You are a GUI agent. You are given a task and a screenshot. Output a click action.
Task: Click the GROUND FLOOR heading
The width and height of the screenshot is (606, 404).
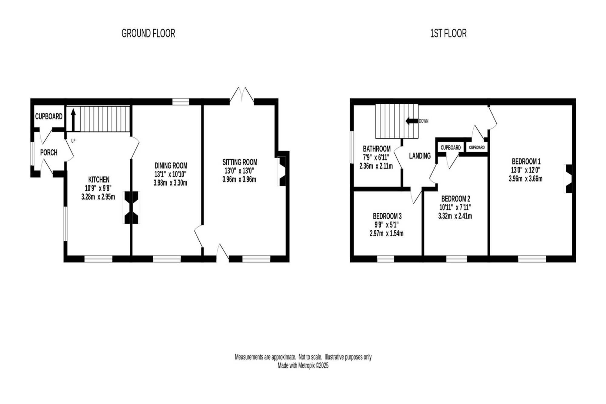(148, 33)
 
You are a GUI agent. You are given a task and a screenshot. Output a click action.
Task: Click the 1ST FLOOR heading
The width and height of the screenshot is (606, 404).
(448, 33)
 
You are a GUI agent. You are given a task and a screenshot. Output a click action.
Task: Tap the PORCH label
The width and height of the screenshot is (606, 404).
(49, 152)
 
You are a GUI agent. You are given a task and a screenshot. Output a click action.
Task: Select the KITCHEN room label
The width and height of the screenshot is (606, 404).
(99, 179)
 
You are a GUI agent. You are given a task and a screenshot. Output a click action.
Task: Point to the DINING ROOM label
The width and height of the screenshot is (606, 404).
(171, 165)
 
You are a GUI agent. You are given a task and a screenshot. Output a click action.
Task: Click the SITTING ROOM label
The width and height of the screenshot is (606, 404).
(240, 162)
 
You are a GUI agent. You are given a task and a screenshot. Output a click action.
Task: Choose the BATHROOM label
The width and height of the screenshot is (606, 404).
(377, 149)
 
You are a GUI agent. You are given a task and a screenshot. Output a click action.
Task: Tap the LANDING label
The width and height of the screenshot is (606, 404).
(420, 156)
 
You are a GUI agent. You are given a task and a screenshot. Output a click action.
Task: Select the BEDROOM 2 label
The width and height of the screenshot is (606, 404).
(455, 199)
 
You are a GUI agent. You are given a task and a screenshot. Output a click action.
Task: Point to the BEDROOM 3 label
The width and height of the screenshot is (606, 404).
(387, 216)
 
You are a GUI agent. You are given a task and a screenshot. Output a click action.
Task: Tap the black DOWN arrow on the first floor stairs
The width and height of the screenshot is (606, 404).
(412, 121)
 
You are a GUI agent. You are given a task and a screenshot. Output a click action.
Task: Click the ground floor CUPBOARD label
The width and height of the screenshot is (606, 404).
(49, 116)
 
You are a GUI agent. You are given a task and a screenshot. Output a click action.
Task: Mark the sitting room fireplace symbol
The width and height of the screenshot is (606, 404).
(282, 171)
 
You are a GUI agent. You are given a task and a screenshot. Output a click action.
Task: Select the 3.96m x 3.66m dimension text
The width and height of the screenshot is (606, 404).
(526, 179)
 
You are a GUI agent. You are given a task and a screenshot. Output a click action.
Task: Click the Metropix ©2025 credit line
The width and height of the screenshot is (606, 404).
(303, 366)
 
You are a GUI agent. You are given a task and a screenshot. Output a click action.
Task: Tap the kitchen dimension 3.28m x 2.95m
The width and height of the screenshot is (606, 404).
(98, 197)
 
